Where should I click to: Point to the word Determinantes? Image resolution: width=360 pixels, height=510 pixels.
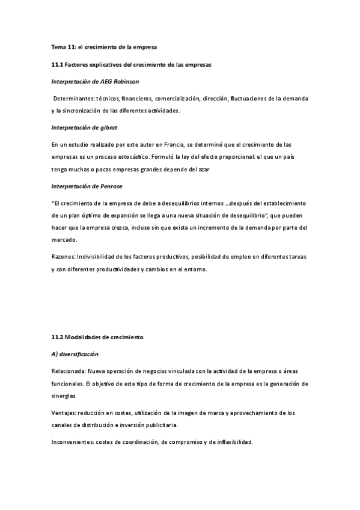(72, 98)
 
